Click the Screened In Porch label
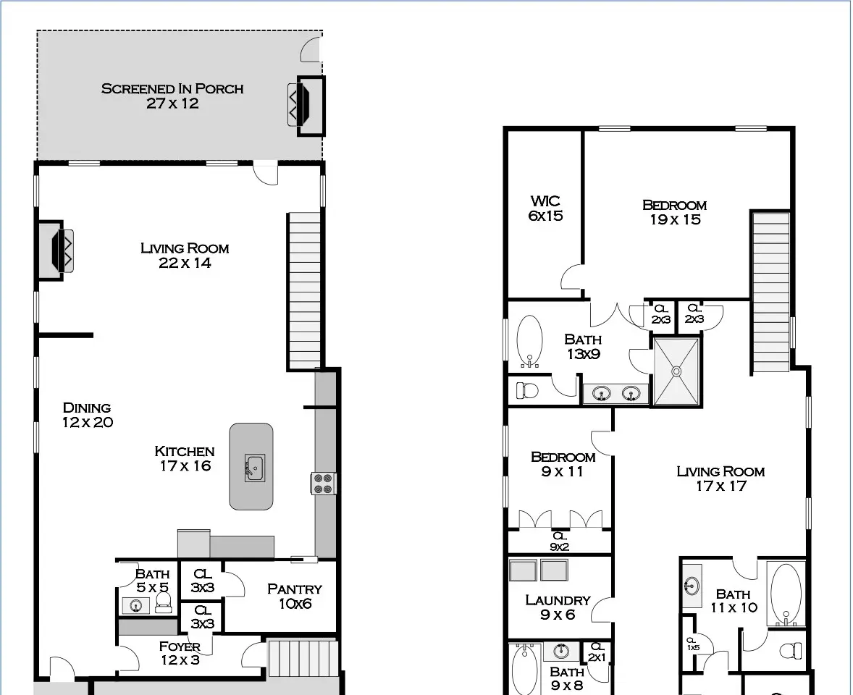pyautogui.click(x=172, y=96)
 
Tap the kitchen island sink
pyautogui.click(x=253, y=468)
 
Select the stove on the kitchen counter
pyautogui.click(x=323, y=484)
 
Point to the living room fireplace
pyautogui.click(x=56, y=250)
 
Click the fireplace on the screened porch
pyautogui.click(x=306, y=106)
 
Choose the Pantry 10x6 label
pyautogui.click(x=295, y=596)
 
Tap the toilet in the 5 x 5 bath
pyautogui.click(x=163, y=602)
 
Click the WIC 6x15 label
pyautogui.click(x=546, y=208)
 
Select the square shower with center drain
pyautogui.click(x=676, y=371)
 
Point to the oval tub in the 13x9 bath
pyautogui.click(x=529, y=341)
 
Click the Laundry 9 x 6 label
pyautogui.click(x=558, y=607)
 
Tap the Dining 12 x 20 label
pyautogui.click(x=87, y=415)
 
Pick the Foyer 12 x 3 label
pyautogui.click(x=180, y=653)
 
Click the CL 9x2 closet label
pyautogui.click(x=559, y=542)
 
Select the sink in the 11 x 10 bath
pyautogui.click(x=692, y=586)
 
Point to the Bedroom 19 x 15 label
pyautogui.click(x=675, y=212)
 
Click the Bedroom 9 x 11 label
pyautogui.click(x=563, y=465)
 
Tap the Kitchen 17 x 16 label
pyautogui.click(x=185, y=458)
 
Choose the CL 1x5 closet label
pyautogui.click(x=692, y=644)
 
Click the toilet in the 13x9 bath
pyautogui.click(x=526, y=390)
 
